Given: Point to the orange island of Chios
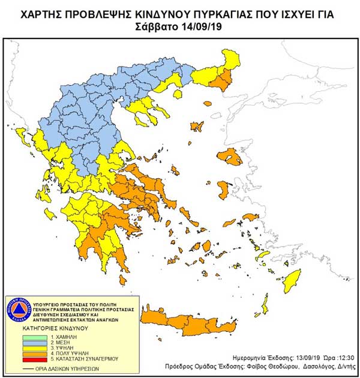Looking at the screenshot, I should pyautogui.click(x=223, y=191).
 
